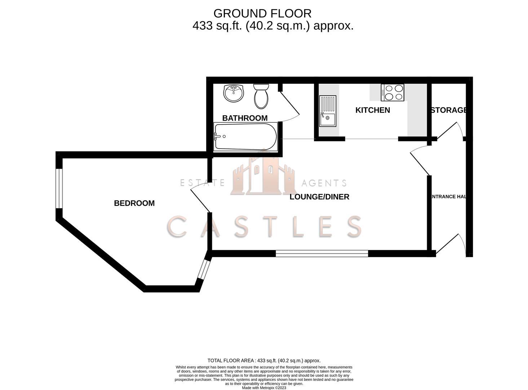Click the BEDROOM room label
134,203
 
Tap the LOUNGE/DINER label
319,197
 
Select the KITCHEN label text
372,110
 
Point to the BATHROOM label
245,118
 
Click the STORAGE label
449,110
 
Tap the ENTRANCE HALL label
448,197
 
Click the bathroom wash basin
234,93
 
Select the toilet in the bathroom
261,96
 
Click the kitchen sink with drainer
327,111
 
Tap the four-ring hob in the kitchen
392,92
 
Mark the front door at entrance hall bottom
451,246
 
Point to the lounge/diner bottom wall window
322,254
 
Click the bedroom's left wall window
59,188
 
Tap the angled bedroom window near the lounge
203,270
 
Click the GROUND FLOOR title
262,13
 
